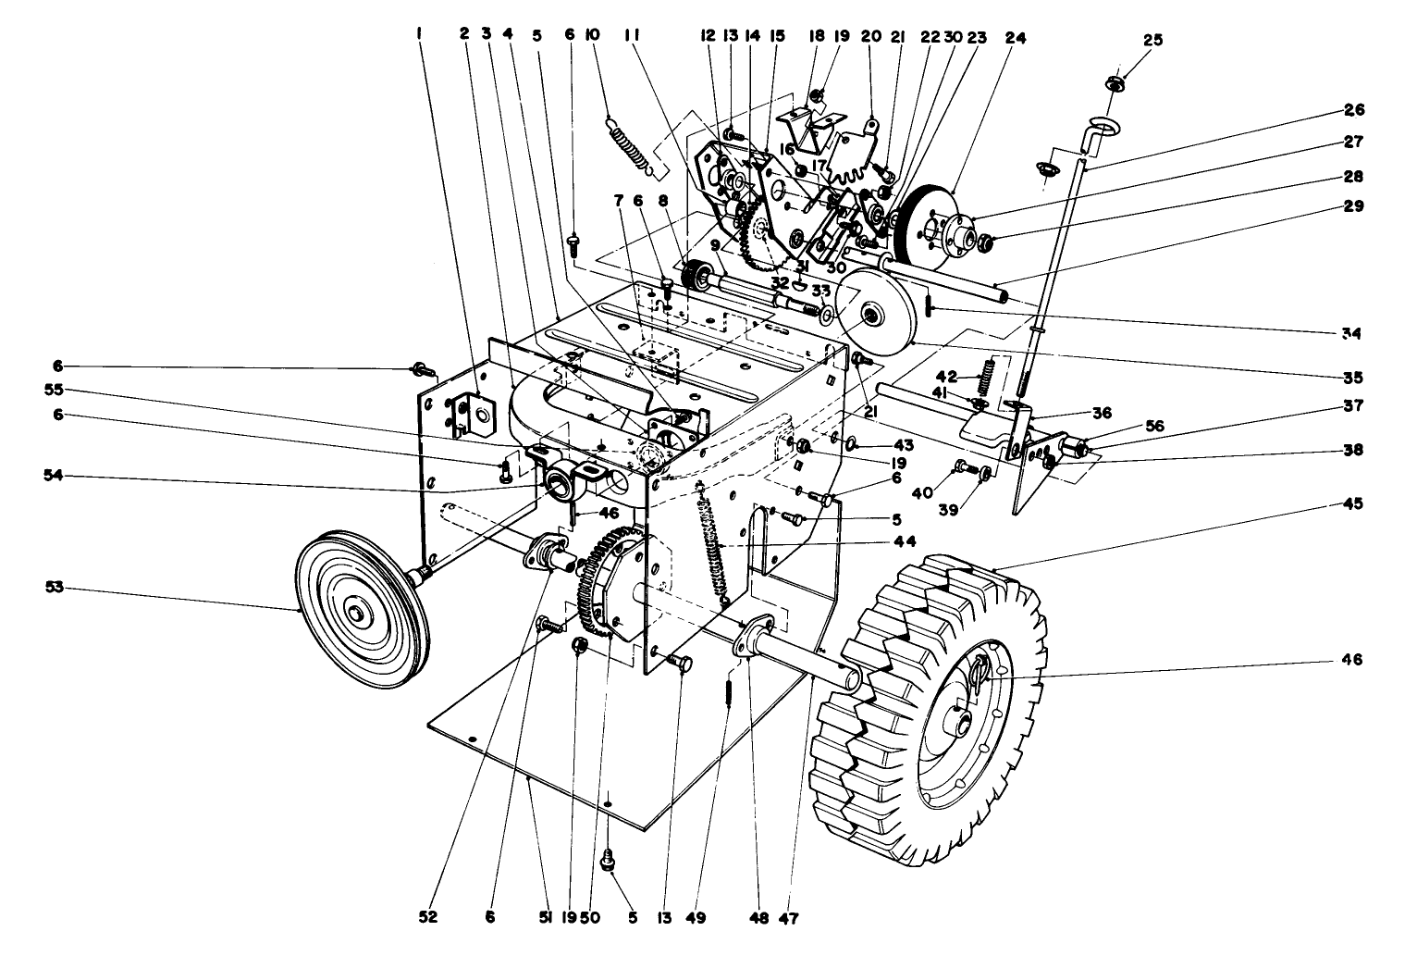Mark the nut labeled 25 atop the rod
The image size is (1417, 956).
coord(1115,84)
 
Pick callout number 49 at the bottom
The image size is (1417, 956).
coord(696,918)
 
